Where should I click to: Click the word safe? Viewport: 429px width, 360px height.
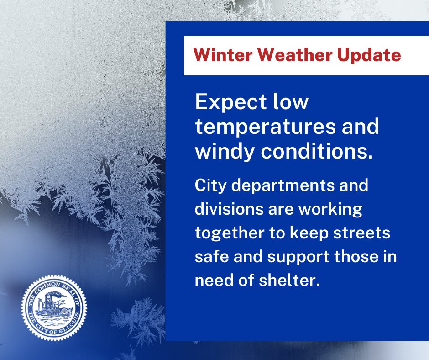[x=209, y=257]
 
